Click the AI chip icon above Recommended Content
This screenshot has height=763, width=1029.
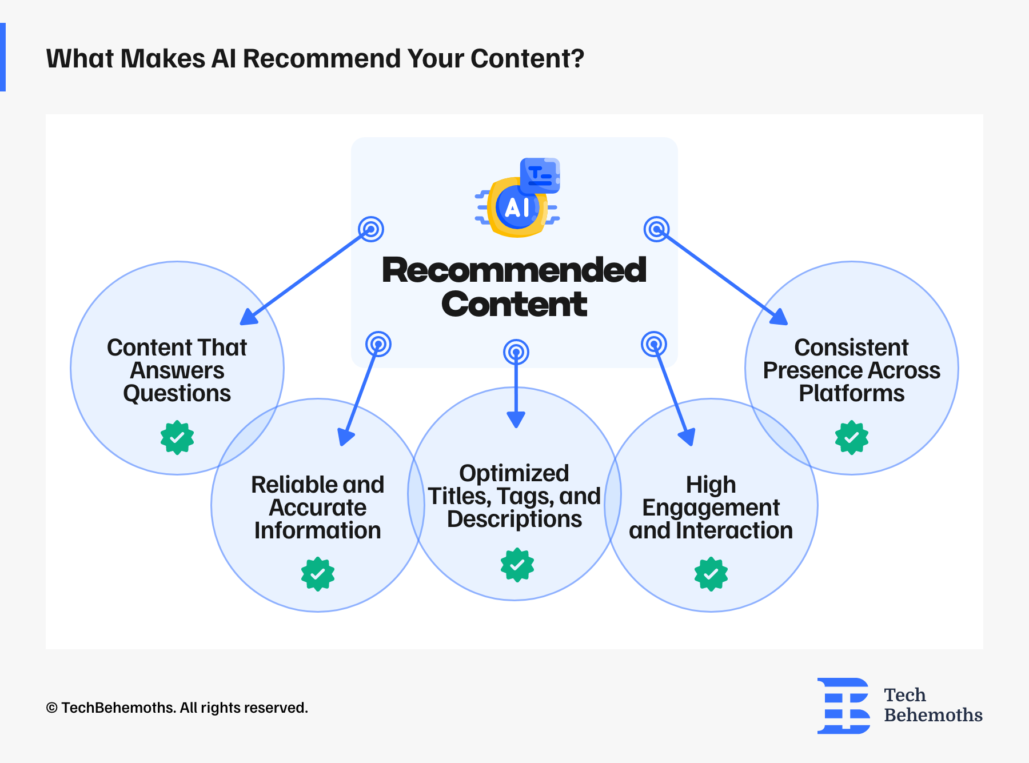click(517, 198)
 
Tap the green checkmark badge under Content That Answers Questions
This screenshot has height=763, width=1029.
click(177, 438)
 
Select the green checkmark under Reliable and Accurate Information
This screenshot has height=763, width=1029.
click(318, 574)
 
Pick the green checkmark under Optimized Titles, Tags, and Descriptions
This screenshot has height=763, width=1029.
click(517, 565)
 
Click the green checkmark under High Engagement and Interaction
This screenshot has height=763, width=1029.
click(711, 574)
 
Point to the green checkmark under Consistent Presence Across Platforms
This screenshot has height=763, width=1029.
click(852, 438)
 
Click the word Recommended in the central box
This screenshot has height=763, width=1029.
click(514, 270)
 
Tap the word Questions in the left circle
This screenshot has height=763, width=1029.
click(177, 393)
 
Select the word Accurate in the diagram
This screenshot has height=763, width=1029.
click(318, 508)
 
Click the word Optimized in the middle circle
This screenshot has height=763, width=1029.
click(514, 473)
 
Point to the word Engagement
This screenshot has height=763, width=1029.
click(711, 508)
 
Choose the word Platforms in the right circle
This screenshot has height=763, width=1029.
click(852, 393)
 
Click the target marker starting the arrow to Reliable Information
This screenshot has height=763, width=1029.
click(378, 344)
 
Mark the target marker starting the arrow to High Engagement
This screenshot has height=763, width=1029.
click(654, 344)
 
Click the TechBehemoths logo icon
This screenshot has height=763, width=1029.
click(844, 706)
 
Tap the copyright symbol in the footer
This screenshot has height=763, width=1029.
click(52, 708)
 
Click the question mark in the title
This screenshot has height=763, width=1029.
click(577, 58)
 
